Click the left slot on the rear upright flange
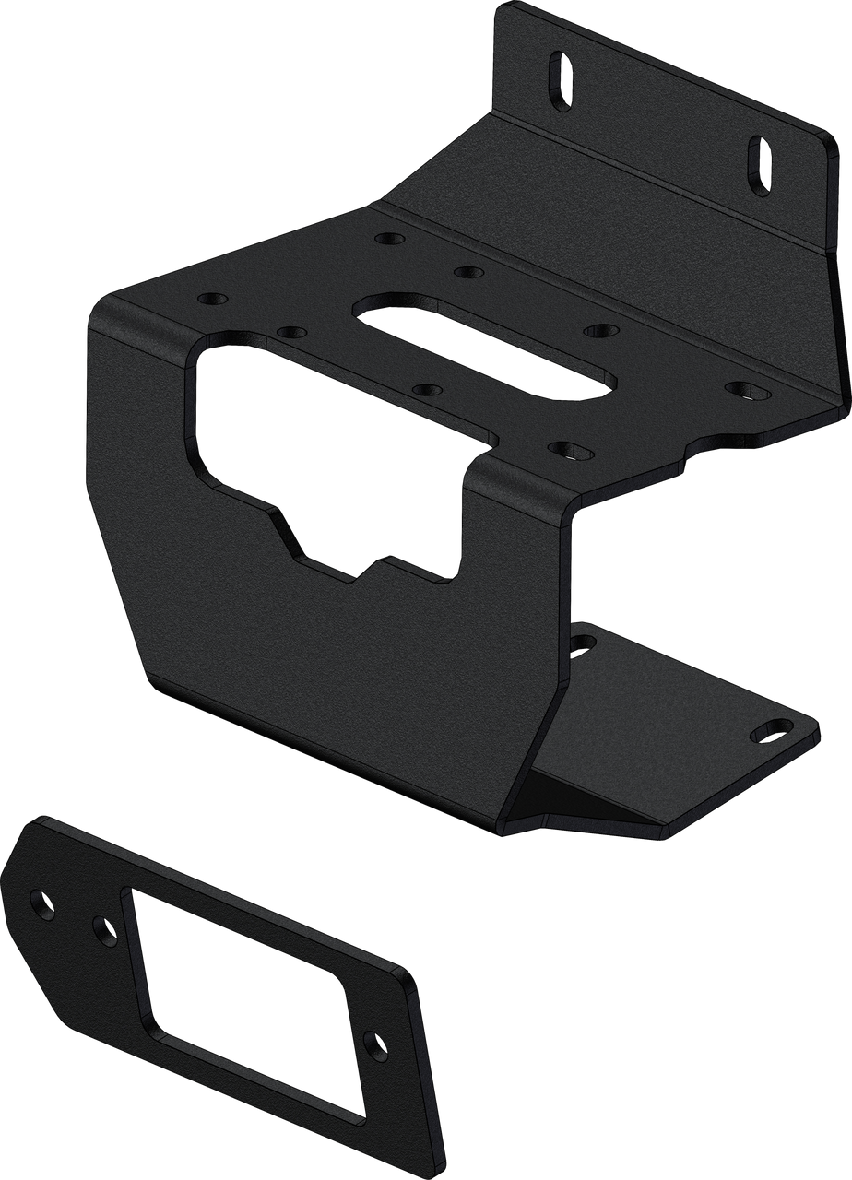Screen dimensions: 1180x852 pos(558,80)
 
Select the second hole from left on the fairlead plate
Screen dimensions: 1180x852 pos(103,928)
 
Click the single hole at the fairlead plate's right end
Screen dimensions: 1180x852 pos(374,1045)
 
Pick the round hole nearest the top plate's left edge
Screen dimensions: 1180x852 pos(213,301)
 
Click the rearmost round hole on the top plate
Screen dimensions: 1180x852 pos(389,238)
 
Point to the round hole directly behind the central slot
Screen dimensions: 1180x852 pos(468,273)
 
